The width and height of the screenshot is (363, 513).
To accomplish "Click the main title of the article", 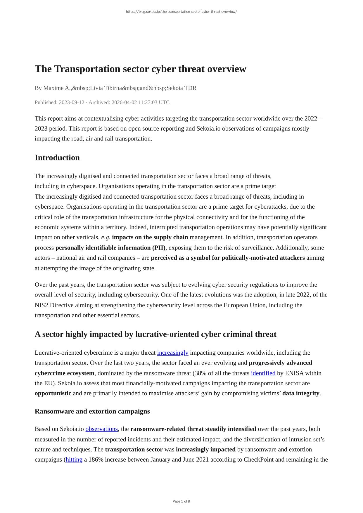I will pyautogui.click(x=140, y=69).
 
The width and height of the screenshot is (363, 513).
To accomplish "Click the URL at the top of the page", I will pyautogui.click(x=181, y=12).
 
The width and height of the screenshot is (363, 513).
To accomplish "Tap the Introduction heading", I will pyautogui.click(x=57, y=157).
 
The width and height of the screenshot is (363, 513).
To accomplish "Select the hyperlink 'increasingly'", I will pyautogui.click(x=172, y=353).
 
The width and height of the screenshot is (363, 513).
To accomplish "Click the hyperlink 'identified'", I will pyautogui.click(x=263, y=373).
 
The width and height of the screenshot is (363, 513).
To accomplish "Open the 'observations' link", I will pyautogui.click(x=101, y=429).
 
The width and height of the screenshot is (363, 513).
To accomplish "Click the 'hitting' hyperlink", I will pyautogui.click(x=74, y=460).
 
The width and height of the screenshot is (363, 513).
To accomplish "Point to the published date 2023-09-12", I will pyautogui.click(x=71, y=102).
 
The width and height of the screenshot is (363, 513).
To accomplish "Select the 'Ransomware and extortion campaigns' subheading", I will pyautogui.click(x=92, y=411).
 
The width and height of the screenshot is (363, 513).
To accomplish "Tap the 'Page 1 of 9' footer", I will pyautogui.click(x=181, y=501).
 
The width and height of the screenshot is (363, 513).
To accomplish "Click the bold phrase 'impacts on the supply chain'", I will pyautogui.click(x=150, y=237).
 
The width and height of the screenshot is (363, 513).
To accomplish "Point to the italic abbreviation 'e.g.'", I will pyautogui.click(x=106, y=237).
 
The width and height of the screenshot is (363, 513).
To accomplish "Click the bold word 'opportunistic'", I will pyautogui.click(x=53, y=393).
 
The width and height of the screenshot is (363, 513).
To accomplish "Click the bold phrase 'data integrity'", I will pyautogui.click(x=301, y=393).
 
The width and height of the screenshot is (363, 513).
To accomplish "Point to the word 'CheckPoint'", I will pyautogui.click(x=258, y=460).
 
